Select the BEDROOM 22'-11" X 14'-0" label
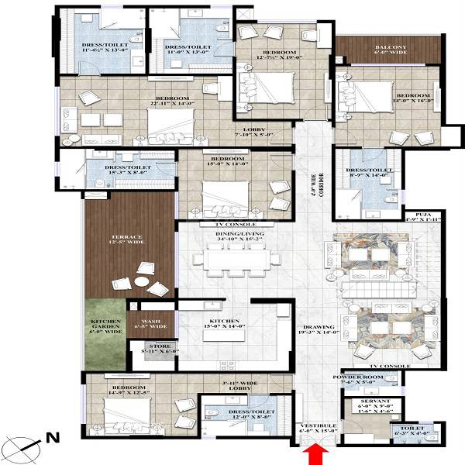172,102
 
